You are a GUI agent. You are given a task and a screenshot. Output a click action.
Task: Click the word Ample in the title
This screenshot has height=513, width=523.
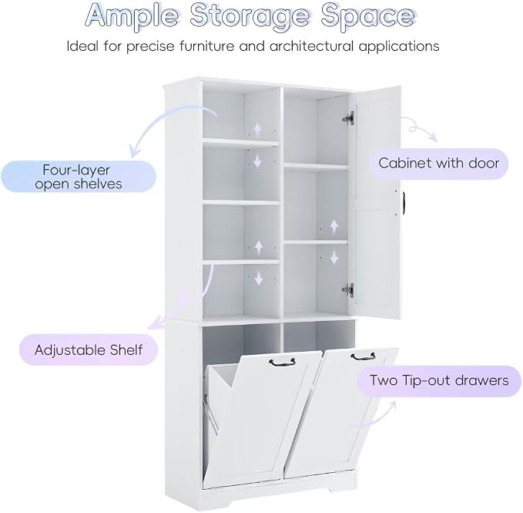pyautogui.click(x=132, y=16)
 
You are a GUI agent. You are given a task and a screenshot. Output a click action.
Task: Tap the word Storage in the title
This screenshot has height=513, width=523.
pyautogui.click(x=250, y=17)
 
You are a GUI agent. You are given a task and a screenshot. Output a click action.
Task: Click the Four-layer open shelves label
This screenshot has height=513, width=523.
pyautogui.click(x=79, y=177)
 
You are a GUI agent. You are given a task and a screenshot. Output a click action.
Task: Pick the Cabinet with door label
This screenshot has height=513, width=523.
pyautogui.click(x=438, y=164)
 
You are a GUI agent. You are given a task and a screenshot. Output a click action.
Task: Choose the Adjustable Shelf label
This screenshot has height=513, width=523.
pyautogui.click(x=89, y=349)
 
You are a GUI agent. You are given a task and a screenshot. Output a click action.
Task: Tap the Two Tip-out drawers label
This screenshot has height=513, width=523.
pyautogui.click(x=439, y=381)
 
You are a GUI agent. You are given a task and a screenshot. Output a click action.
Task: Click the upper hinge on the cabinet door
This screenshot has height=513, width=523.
pyautogui.click(x=348, y=118)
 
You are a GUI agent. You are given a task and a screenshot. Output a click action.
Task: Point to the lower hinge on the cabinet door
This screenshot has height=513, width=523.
pyautogui.click(x=348, y=289)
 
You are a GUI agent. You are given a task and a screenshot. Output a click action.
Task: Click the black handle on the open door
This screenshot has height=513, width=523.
pyautogui.click(x=403, y=201)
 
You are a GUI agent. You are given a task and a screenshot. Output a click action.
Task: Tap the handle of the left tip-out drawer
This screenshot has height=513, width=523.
pyautogui.click(x=282, y=363)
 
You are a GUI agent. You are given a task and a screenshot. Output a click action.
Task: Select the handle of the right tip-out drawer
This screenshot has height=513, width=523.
pyautogui.click(x=364, y=356)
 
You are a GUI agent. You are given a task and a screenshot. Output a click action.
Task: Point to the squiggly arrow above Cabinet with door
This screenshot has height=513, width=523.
pyautogui.click(x=419, y=129)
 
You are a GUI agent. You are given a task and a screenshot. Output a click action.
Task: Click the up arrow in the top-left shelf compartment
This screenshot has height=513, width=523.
pyautogui.click(x=256, y=129)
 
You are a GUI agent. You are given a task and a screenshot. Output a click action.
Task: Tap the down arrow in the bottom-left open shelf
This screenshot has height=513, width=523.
pyautogui.click(x=259, y=278)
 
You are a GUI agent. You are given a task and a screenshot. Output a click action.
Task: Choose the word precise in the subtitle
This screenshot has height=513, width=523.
pyautogui.click(x=150, y=46)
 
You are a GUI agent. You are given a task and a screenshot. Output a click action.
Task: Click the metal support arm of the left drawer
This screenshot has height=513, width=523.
pyautogui.click(x=211, y=414)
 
